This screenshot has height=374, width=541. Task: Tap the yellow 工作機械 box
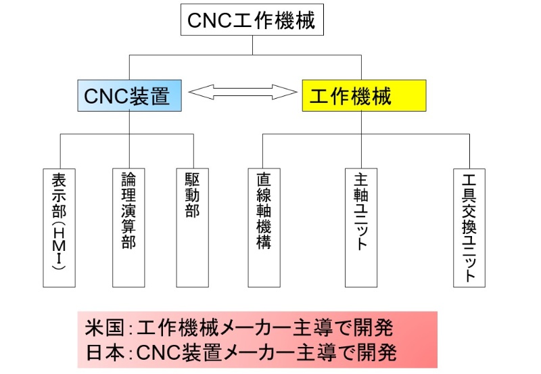tap(363, 96)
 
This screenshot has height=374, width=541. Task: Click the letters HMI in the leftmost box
tap(58, 241)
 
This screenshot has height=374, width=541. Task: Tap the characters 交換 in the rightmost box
tap(469, 214)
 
